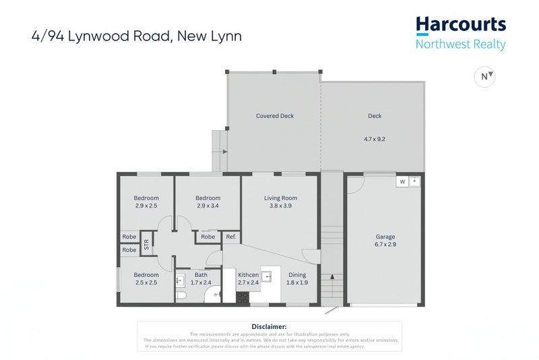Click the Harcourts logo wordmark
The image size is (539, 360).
(x=460, y=26)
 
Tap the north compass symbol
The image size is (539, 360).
(x=485, y=77)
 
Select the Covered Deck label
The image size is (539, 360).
(x=275, y=116)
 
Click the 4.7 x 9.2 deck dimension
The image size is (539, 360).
(x=375, y=139)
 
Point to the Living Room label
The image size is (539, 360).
(x=280, y=198)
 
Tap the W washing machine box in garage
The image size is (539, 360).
(x=402, y=181)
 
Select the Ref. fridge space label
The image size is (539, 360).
(x=231, y=237)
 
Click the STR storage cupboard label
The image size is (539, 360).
(x=147, y=244)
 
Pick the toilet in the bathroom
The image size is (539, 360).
(x=181, y=295)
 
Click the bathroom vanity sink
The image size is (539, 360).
(x=180, y=279)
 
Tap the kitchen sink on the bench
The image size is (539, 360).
(x=267, y=276)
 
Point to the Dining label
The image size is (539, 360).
(x=297, y=274)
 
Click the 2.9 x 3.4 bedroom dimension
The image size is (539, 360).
(x=208, y=206)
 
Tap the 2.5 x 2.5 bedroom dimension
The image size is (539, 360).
(x=146, y=282)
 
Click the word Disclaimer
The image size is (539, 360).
(x=269, y=326)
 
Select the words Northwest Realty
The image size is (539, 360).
(x=460, y=44)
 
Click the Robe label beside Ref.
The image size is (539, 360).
(x=208, y=237)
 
